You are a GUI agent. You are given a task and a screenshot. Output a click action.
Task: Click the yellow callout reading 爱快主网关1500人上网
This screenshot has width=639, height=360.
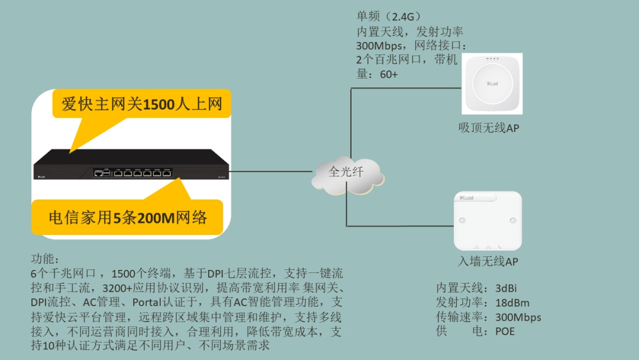pos(141,105)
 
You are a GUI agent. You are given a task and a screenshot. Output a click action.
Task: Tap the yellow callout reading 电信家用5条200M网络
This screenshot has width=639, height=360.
pos(128,217)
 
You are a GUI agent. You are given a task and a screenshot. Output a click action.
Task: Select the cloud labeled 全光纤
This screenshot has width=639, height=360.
pos(347,172)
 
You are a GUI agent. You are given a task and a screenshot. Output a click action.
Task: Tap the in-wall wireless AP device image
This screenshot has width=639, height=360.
pos(488,220)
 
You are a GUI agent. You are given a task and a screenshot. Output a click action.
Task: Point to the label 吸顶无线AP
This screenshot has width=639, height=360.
pos(489,128)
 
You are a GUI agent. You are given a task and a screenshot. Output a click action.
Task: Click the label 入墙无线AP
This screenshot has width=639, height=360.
pos(488,262)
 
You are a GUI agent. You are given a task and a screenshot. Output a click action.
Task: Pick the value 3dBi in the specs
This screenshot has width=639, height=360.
pos(506,288)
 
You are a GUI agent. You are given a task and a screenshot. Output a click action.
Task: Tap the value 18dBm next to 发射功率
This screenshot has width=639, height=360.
pos(512,303)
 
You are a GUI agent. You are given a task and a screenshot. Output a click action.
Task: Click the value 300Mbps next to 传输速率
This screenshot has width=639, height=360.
pos(518,317)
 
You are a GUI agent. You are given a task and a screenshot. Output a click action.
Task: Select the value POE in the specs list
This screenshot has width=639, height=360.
pos(505,331)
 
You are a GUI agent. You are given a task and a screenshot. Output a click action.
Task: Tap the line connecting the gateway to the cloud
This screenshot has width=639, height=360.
pos(272,171)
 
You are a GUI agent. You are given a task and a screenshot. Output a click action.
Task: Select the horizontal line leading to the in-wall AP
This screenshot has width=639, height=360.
pos(400,226)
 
